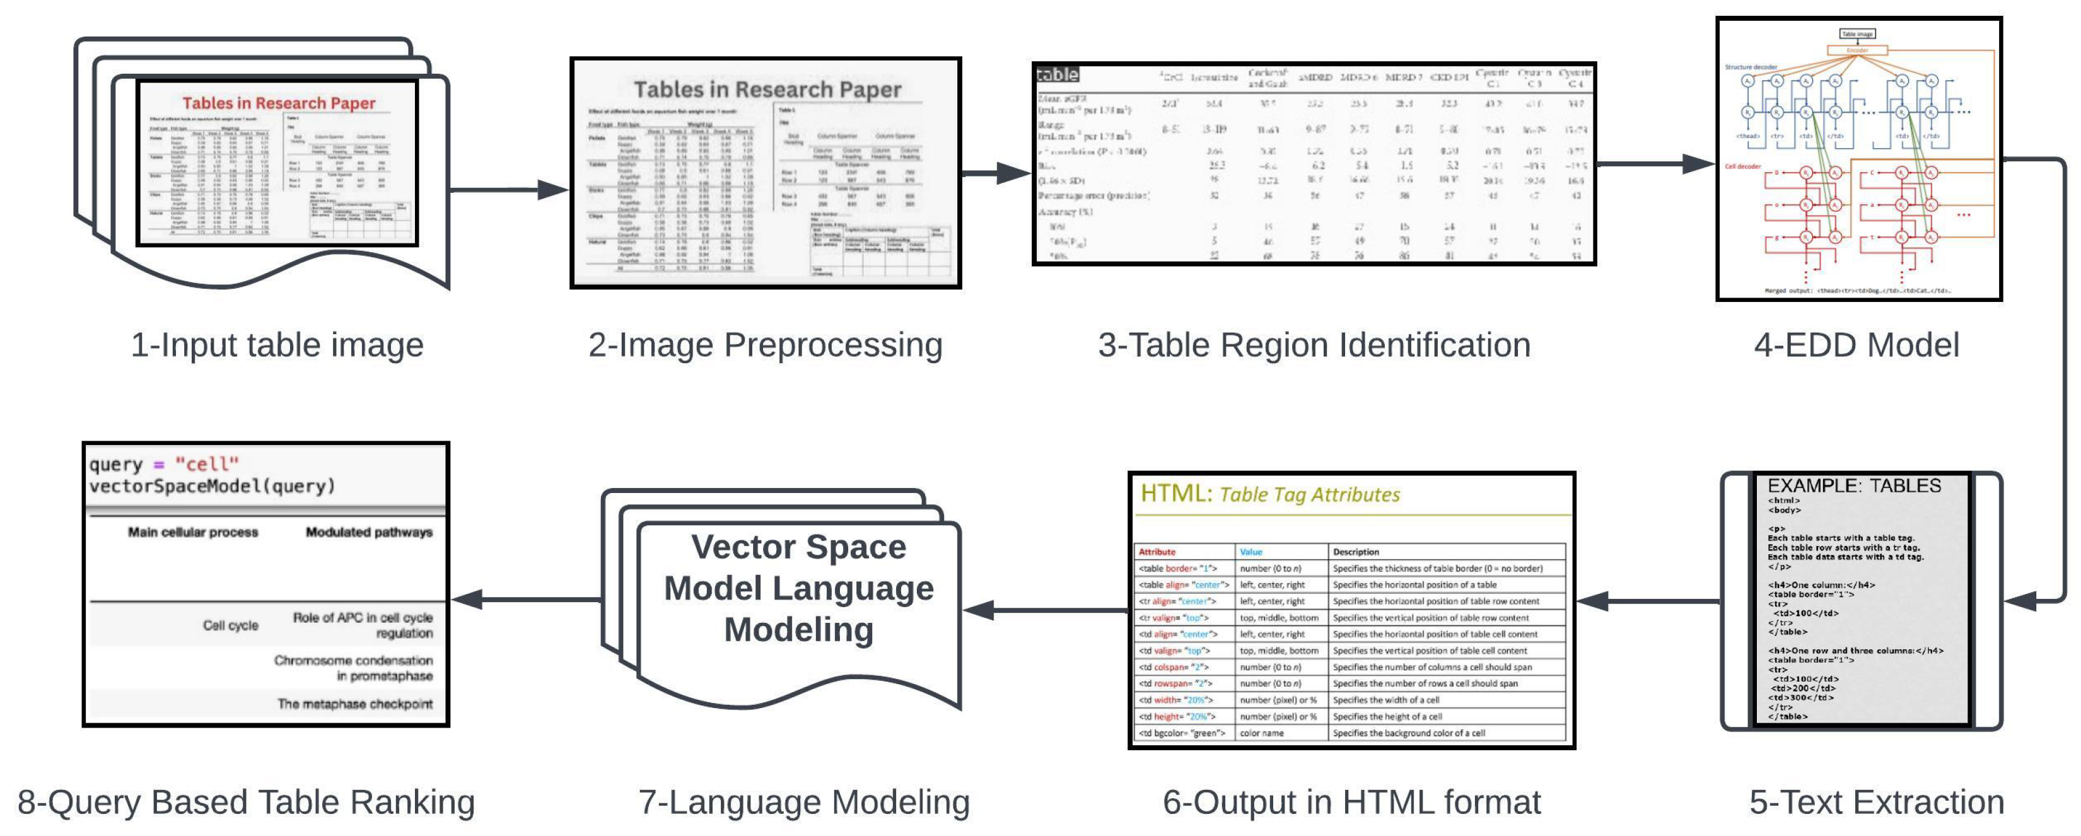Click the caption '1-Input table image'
[277, 345]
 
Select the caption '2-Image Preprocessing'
[765, 345]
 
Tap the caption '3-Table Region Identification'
[1314, 345]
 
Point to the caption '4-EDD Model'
[1857, 345]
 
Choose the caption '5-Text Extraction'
[1876, 802]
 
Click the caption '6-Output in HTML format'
[1351, 802]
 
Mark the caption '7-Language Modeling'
[804, 802]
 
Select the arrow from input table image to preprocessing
[509, 190]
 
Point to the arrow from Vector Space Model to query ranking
[526, 600]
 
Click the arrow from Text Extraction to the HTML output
[1648, 601]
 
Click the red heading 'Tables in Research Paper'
[279, 103]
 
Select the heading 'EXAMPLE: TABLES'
[1854, 485]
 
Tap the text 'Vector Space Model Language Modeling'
[798, 588]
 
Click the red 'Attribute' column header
[1157, 552]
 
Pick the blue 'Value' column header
[1250, 552]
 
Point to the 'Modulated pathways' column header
[368, 532]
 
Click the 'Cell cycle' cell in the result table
[230, 625]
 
